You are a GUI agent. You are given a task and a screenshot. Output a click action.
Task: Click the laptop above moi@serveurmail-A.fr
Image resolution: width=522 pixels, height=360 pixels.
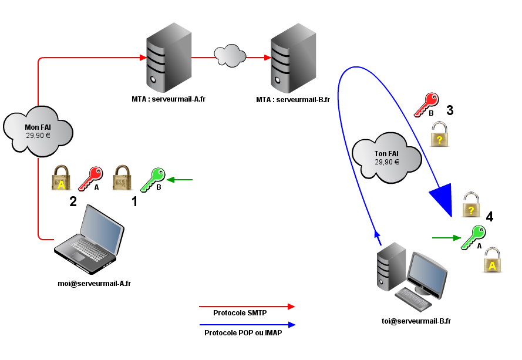[89, 240]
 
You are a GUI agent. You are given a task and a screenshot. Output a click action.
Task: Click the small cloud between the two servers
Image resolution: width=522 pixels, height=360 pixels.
[230, 55]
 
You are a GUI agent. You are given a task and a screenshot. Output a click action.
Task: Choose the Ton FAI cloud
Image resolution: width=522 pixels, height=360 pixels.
[386, 157]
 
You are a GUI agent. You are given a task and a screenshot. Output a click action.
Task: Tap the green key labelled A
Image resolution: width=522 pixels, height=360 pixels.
[473, 237]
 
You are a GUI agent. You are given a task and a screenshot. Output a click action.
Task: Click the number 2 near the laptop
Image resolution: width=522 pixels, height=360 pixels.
[73, 202]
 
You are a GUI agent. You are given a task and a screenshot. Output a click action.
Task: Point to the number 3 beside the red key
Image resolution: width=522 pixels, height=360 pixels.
[449, 110]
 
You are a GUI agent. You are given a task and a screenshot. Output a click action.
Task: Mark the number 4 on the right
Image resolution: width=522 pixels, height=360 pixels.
[489, 216]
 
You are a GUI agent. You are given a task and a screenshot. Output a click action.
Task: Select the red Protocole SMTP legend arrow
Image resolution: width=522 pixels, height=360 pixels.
[247, 306]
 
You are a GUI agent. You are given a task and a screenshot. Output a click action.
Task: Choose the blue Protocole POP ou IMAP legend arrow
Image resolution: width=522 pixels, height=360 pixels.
[247, 324]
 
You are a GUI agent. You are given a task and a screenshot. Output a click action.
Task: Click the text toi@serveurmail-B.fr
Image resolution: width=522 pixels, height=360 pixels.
[416, 321]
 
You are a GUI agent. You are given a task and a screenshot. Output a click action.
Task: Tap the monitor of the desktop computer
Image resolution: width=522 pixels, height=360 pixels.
[427, 271]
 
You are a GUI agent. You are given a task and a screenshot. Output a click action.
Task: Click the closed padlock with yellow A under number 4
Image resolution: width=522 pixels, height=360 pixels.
[492, 260]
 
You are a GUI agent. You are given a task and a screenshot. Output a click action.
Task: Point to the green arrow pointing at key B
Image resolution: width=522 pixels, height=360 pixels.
[180, 179]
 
